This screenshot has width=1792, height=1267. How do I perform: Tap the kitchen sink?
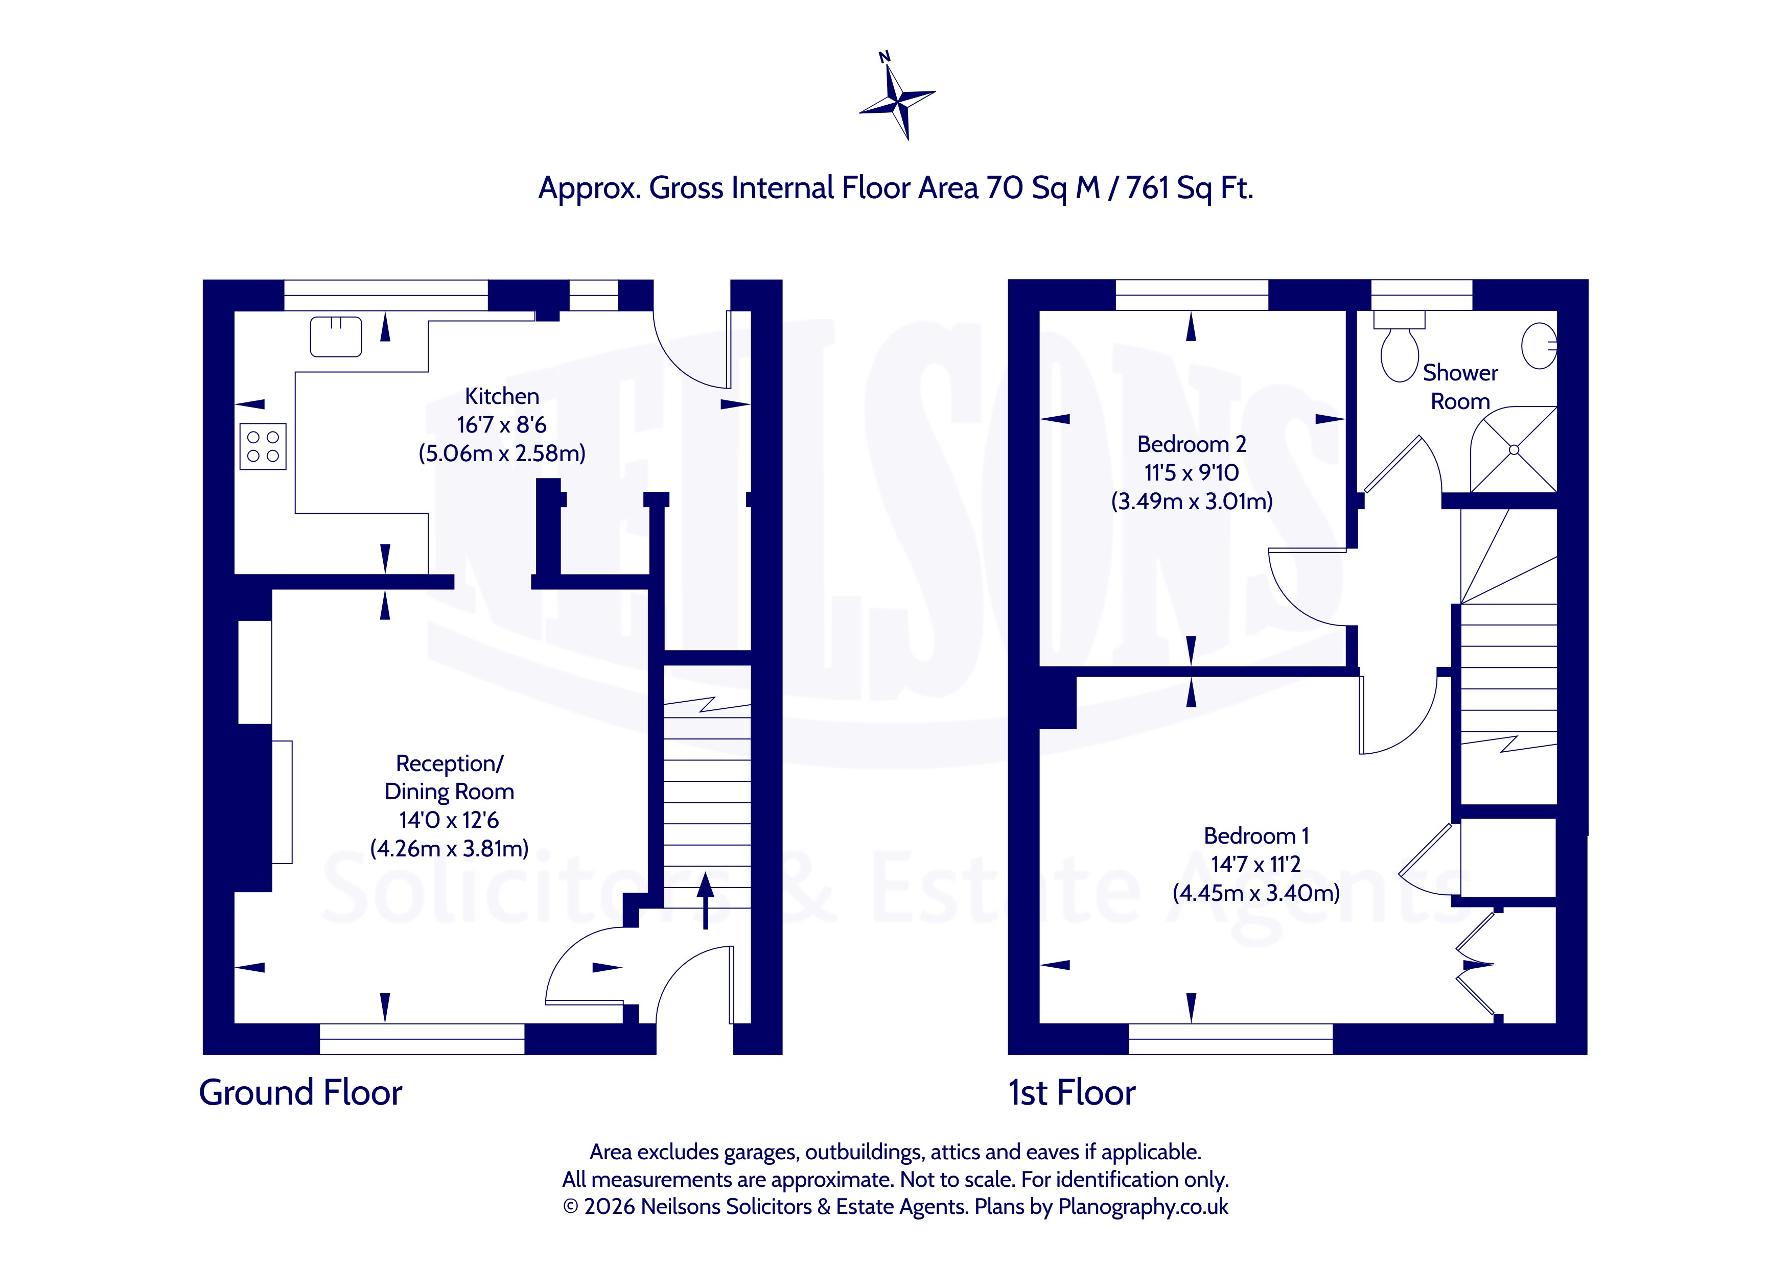click(336, 336)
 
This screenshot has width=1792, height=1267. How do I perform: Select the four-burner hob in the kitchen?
click(263, 446)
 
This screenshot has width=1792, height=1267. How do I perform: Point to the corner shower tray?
click(1514, 449)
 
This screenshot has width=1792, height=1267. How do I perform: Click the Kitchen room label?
click(502, 396)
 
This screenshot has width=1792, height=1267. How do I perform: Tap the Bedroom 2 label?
click(1191, 444)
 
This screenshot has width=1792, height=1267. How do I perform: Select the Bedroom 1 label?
click(1256, 835)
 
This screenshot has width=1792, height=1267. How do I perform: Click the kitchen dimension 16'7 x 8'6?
click(502, 425)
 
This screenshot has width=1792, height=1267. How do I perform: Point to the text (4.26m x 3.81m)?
click(450, 849)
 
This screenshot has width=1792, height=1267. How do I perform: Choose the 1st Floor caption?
click(1072, 1092)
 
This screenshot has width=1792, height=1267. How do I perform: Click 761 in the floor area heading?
click(1149, 188)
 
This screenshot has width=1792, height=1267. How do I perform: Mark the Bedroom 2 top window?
click(1192, 295)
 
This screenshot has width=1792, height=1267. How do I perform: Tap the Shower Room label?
click(1460, 387)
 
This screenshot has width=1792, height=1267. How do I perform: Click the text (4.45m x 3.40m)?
click(1256, 893)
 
